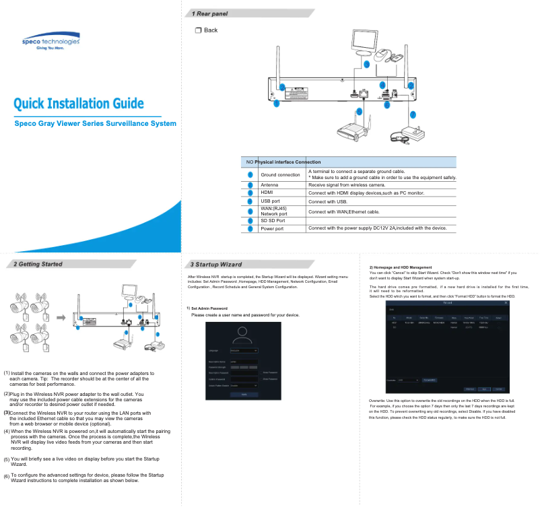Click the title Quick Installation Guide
coord(79,103)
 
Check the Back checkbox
coord(198,30)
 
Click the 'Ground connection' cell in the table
coord(279,175)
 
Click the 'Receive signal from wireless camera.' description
coord(347,184)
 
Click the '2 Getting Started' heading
coord(38,264)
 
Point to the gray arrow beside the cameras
coord(61,317)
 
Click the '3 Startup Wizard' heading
coord(215,264)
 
